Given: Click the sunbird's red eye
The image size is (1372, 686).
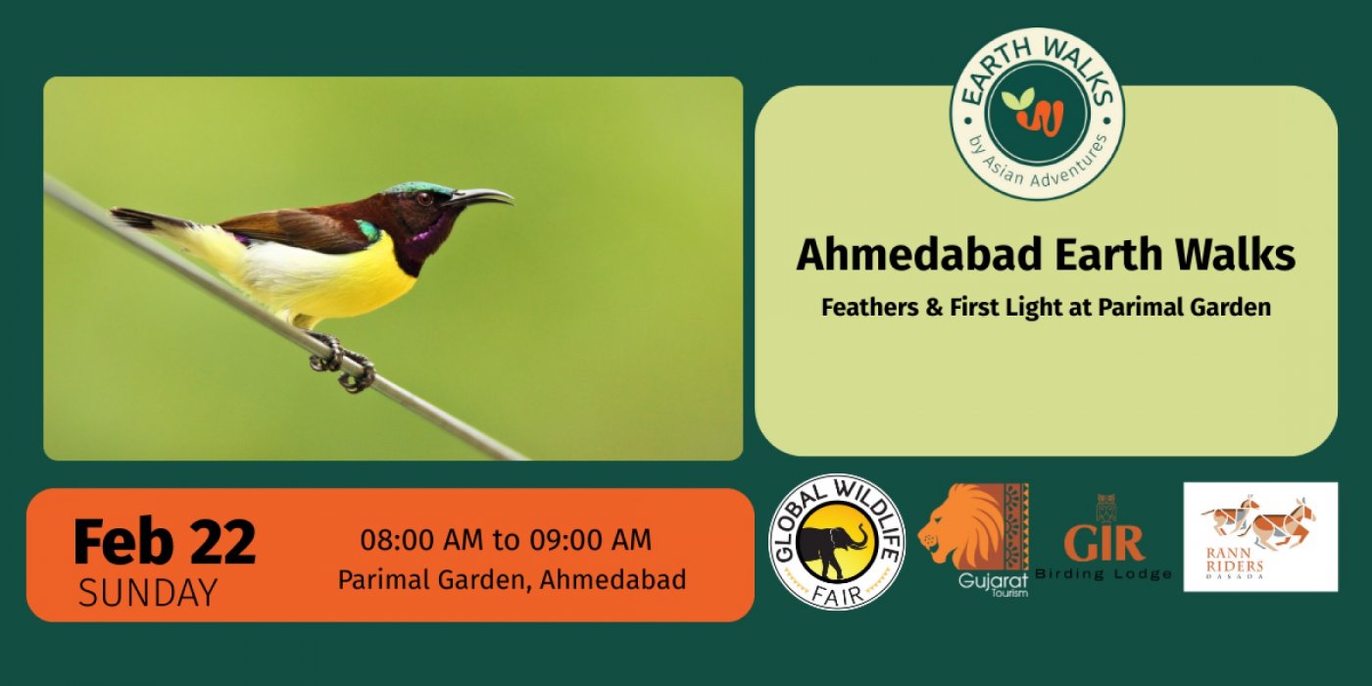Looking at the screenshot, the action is [x=423, y=198].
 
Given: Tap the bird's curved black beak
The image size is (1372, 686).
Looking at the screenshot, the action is [x=482, y=197].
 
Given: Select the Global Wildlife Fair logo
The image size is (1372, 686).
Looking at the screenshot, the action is [x=837, y=541].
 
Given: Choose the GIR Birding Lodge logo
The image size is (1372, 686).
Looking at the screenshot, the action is [x=1103, y=539].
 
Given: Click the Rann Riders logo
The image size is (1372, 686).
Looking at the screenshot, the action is [x=1260, y=537].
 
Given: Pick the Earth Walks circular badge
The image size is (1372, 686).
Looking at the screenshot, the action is [x=1037, y=114].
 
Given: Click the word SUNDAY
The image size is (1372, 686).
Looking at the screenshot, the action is [x=148, y=593].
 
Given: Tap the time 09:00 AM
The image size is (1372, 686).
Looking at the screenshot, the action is [x=590, y=540].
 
